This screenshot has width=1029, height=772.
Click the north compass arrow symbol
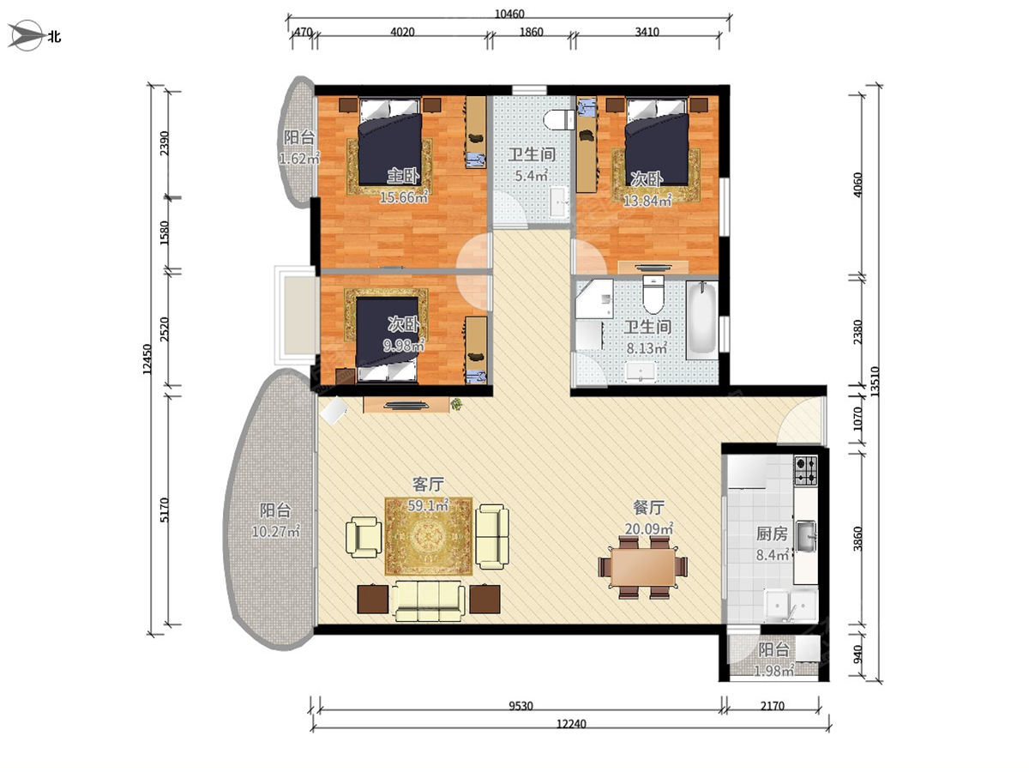click(26, 35)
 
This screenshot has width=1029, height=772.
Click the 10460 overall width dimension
click(509, 14)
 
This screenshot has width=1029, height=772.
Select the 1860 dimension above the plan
click(531, 32)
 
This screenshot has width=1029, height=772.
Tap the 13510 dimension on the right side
click(875, 382)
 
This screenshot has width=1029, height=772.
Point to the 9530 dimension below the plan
click(521, 706)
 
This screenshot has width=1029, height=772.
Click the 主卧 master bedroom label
click(403, 176)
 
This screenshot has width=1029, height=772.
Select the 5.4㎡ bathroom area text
click(531, 176)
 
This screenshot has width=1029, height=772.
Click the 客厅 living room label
click(428, 484)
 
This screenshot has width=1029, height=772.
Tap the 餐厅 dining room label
click(649, 507)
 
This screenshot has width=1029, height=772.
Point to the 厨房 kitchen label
click(772, 534)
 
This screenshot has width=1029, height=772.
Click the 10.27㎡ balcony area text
click(275, 532)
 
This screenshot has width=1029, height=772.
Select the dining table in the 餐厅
click(643, 567)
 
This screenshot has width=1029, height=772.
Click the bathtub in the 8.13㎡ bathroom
click(701, 320)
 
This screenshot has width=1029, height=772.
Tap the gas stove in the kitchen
click(805, 471)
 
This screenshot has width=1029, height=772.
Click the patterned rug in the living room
click(428, 536)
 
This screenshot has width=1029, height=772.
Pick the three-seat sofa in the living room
click(429, 601)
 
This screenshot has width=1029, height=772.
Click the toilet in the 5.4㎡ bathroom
click(559, 119)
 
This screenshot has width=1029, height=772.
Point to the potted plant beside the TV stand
click(455, 403)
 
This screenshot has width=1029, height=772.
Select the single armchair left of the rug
click(364, 537)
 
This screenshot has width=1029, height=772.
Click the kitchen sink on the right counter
click(805, 536)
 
